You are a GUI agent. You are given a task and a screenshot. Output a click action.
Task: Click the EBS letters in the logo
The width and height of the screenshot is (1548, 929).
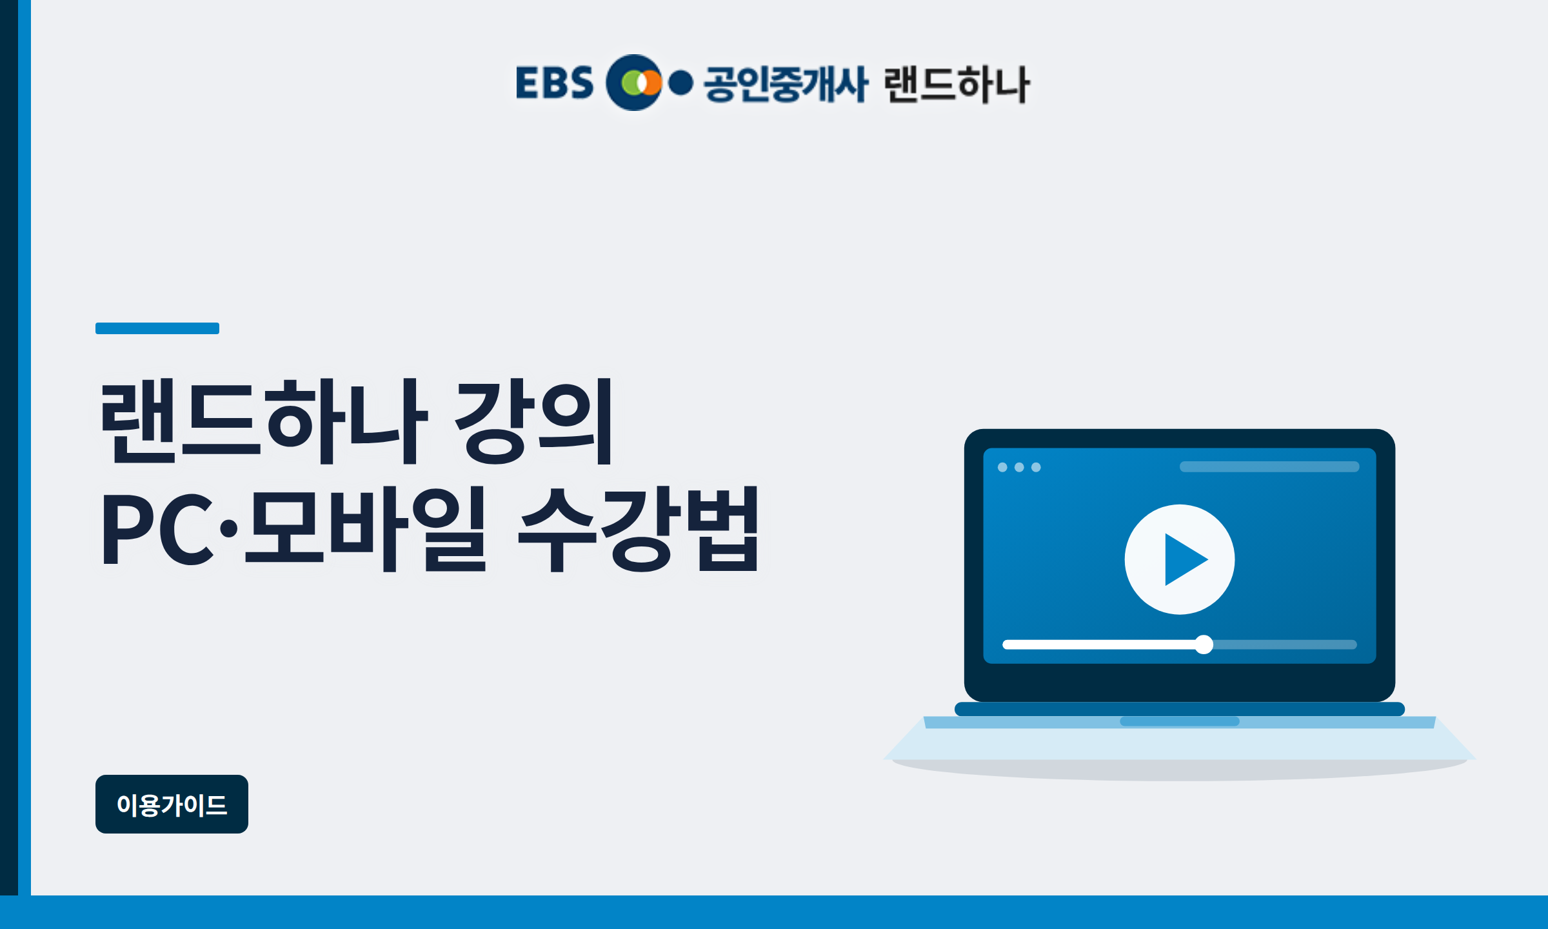point(554,83)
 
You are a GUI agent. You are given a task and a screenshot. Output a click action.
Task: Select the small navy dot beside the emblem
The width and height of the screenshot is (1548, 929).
point(680,83)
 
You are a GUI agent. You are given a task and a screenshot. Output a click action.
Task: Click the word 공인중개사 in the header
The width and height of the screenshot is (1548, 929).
point(786,83)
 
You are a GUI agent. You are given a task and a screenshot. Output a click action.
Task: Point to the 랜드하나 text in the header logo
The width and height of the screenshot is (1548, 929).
point(957,84)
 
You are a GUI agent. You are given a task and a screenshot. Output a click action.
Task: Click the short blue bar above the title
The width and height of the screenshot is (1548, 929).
point(157,328)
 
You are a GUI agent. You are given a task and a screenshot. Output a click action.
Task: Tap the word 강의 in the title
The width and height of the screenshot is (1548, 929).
point(534,421)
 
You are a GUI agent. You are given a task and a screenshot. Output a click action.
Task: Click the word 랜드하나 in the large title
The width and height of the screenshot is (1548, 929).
point(263,421)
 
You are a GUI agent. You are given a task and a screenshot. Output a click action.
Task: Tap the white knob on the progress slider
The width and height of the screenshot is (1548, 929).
point(1204,644)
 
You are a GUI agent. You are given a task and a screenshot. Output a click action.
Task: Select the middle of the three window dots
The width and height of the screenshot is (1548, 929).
point(1019,467)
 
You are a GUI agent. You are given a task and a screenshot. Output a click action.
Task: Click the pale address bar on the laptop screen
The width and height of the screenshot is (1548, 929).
point(1269,466)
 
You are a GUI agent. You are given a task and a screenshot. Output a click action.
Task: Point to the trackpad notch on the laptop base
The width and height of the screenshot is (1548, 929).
point(1180,721)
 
